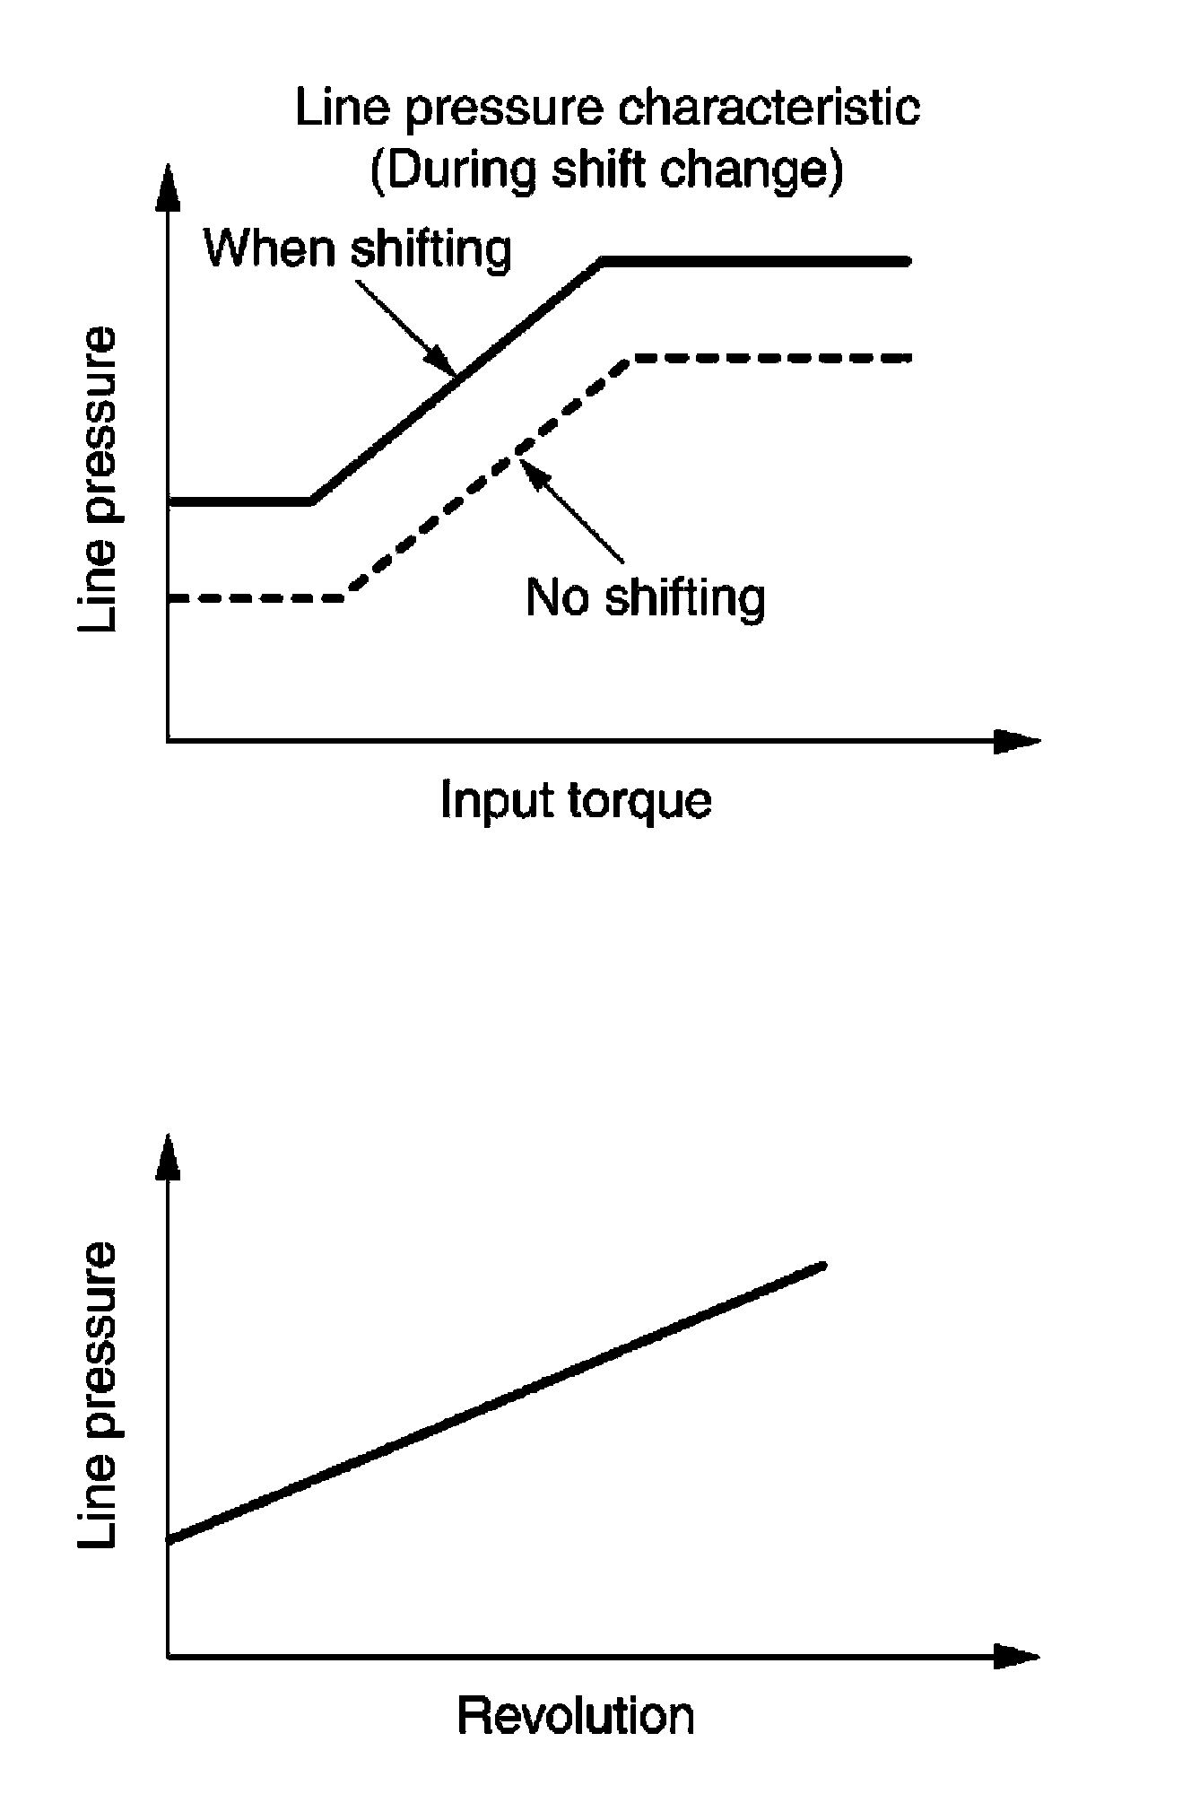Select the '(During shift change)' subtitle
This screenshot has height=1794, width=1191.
coord(607,170)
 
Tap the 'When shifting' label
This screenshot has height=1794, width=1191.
coord(358,248)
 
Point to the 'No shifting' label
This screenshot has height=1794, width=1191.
coord(646,597)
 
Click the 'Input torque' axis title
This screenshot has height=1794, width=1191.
coord(576,800)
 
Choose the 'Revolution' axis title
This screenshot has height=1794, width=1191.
coord(576,1715)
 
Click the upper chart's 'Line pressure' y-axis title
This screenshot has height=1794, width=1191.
coord(98,479)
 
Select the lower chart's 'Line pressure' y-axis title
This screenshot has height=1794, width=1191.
coord(98,1395)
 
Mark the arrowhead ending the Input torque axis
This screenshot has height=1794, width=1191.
coord(1018,741)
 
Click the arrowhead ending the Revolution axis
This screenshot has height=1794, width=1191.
coord(1018,1656)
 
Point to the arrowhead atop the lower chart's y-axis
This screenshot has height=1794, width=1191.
coord(168,1157)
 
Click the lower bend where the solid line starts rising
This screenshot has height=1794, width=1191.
coord(312,501)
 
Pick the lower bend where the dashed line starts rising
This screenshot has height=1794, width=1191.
coord(348,597)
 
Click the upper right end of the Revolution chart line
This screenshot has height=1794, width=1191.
coord(822,1266)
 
